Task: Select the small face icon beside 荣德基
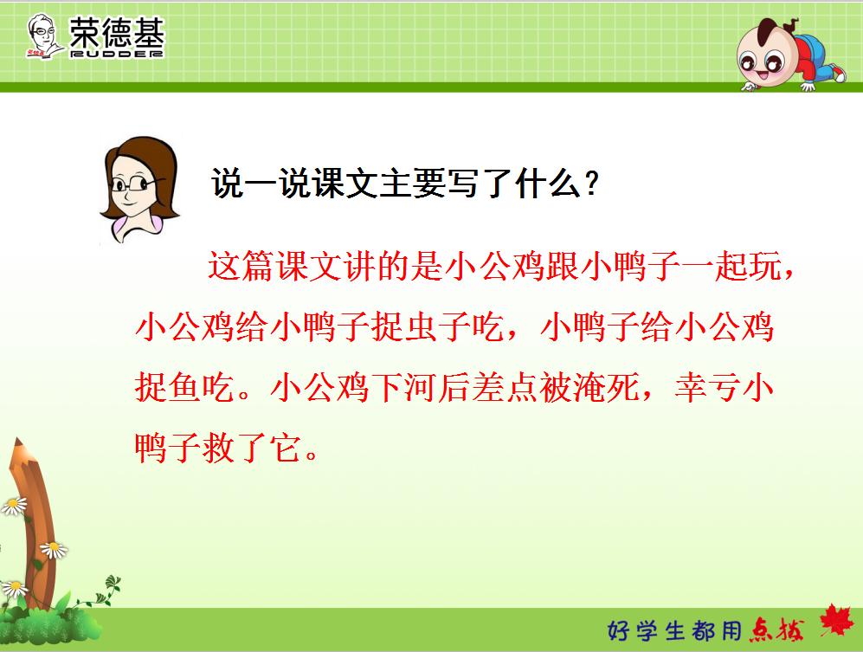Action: [x=42, y=36]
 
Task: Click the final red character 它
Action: [x=286, y=448]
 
